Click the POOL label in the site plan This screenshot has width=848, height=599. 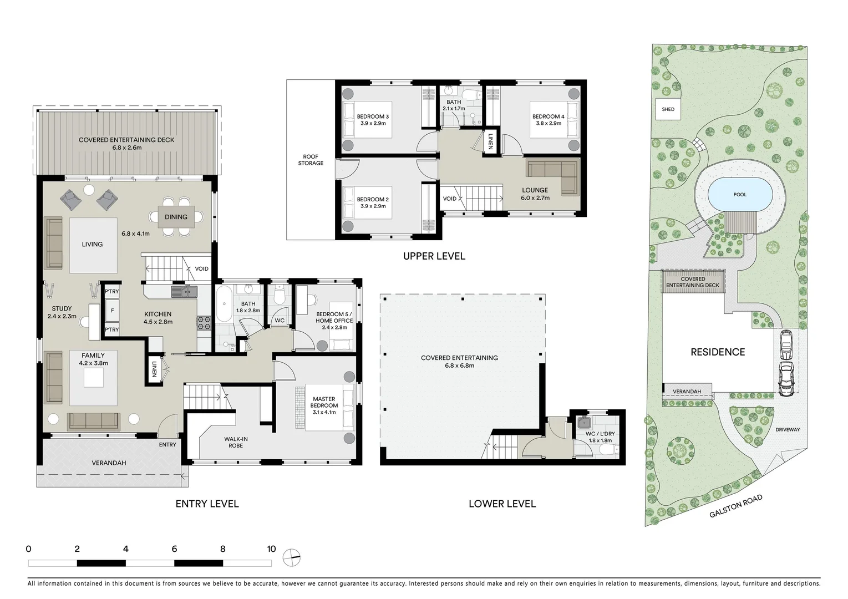pyautogui.click(x=740, y=195)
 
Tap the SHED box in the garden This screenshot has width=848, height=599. pyautogui.click(x=668, y=109)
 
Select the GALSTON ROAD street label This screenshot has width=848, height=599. pyautogui.click(x=736, y=506)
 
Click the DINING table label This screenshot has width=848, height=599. pyautogui.click(x=176, y=217)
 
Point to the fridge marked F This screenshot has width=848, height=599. pyautogui.click(x=112, y=311)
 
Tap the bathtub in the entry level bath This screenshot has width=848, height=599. pyautogui.click(x=224, y=304)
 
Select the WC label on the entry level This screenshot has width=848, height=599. pyautogui.click(x=280, y=321)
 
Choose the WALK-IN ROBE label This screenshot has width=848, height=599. pyautogui.click(x=236, y=442)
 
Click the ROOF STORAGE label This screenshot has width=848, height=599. pyautogui.click(x=311, y=160)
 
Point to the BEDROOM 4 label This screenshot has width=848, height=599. pyautogui.click(x=548, y=120)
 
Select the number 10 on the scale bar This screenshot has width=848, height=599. pyautogui.click(x=271, y=549)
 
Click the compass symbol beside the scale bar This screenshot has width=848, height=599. pyautogui.click(x=291, y=557)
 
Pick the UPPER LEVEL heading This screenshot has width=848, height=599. pyautogui.click(x=434, y=256)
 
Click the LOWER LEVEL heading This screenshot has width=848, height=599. pyautogui.click(x=502, y=504)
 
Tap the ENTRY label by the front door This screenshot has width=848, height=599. pyautogui.click(x=167, y=445)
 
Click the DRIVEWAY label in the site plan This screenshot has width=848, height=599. pyautogui.click(x=788, y=430)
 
